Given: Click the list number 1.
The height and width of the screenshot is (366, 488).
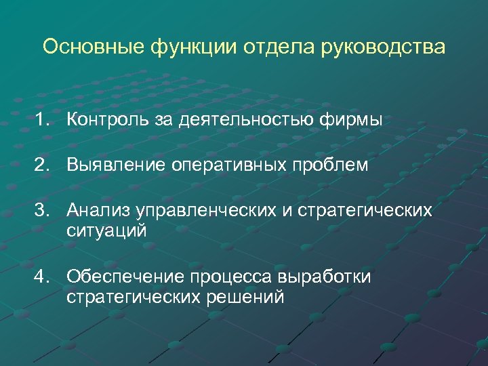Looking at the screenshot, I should click(44, 120).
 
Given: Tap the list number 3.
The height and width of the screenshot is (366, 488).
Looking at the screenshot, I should click(44, 211).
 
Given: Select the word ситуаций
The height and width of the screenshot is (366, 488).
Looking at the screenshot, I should click(106, 230).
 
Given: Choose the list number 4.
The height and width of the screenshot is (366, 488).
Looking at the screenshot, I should click(44, 277).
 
